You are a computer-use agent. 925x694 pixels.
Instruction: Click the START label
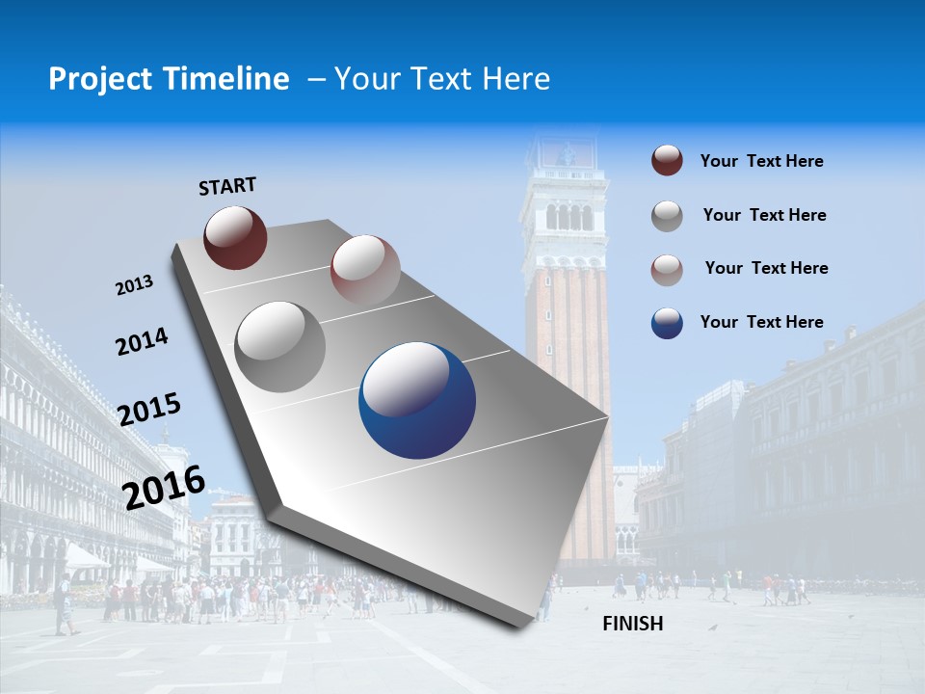pyautogui.click(x=227, y=186)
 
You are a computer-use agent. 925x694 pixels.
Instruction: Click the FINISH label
pyautogui.click(x=633, y=624)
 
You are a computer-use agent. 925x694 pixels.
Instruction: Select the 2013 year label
pyautogui.click(x=135, y=285)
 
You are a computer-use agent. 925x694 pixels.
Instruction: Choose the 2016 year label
pyautogui.click(x=164, y=487)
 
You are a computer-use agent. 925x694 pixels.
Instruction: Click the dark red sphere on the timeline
pyautogui.click(x=235, y=237)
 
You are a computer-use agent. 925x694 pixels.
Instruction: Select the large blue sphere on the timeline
pyautogui.click(x=417, y=401)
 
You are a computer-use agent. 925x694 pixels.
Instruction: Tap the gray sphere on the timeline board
pyautogui.click(x=280, y=346)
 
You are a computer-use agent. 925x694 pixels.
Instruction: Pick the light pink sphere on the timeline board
pyautogui.click(x=365, y=269)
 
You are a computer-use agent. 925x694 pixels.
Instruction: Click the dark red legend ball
pyautogui.click(x=667, y=161)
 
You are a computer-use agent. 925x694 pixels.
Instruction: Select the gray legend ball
pyautogui.click(x=667, y=216)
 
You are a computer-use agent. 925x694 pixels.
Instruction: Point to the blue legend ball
pyautogui.click(x=667, y=323)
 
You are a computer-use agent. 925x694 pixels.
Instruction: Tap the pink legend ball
pyautogui.click(x=667, y=270)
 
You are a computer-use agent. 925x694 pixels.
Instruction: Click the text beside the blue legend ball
pyautogui.click(x=761, y=322)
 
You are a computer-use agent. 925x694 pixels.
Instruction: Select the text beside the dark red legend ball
pyautogui.click(x=761, y=161)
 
